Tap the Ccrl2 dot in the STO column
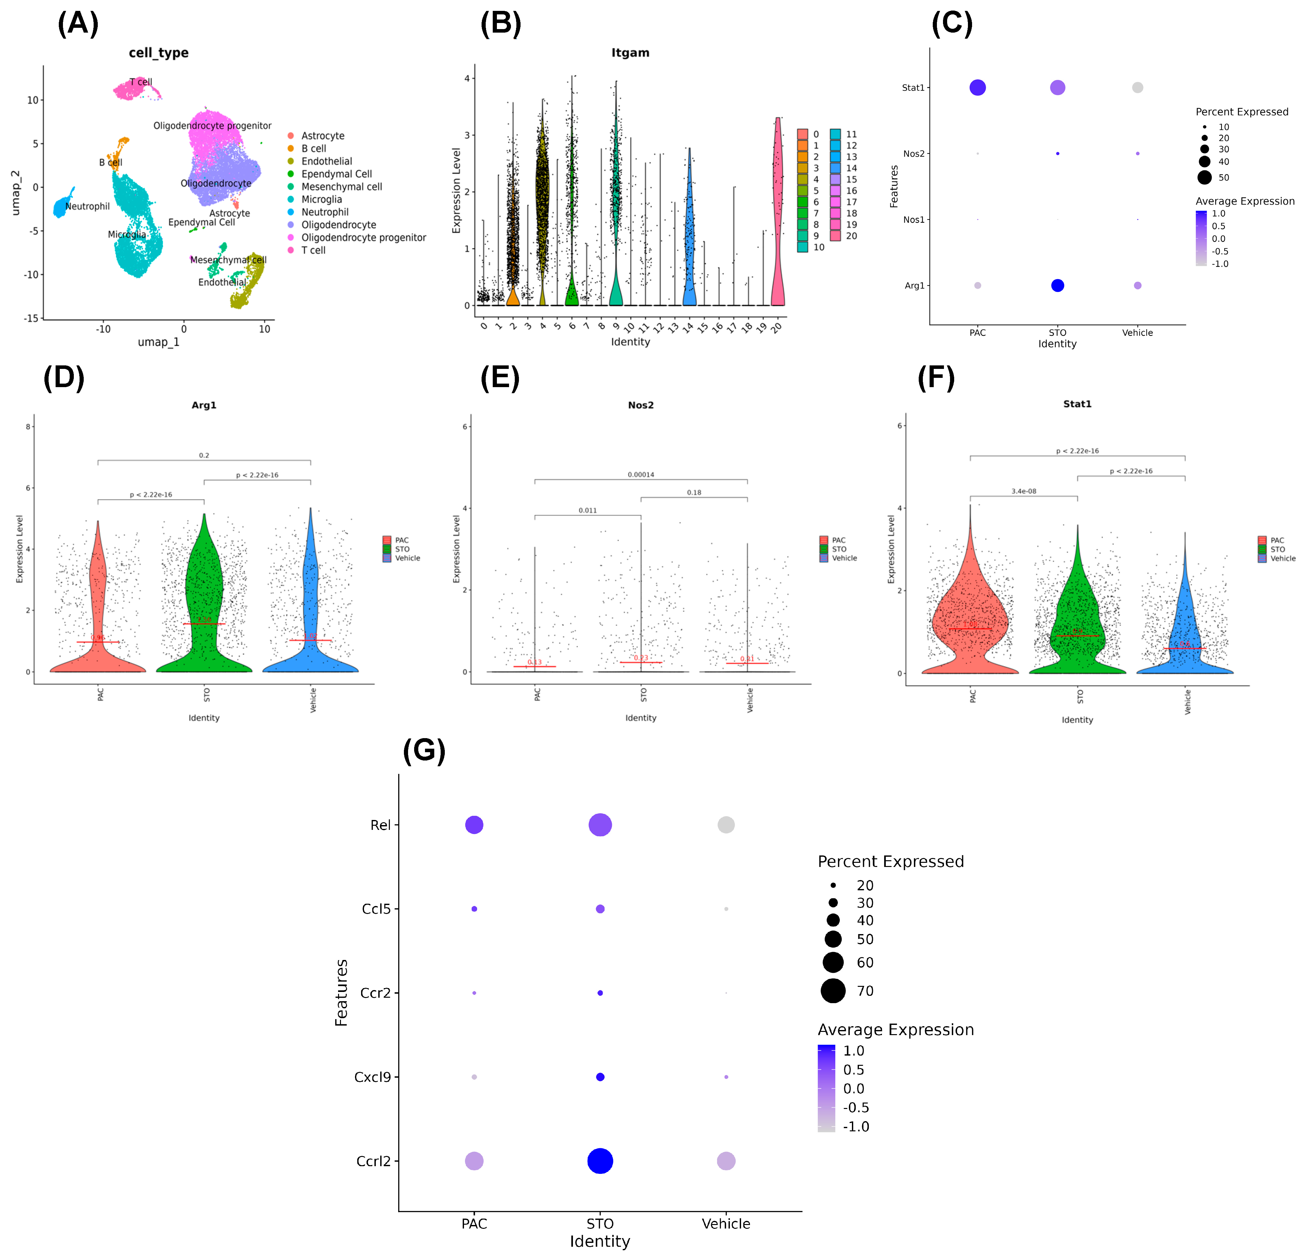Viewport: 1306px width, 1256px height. point(600,1161)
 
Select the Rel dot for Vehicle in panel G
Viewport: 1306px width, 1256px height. point(726,825)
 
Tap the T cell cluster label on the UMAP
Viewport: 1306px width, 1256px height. point(141,82)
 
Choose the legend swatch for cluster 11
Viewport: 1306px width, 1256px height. point(836,134)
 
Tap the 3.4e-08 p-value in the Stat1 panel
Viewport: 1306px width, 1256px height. point(1024,491)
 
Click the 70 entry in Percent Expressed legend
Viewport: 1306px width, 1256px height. point(865,991)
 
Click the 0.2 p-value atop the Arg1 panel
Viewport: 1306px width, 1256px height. point(204,455)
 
